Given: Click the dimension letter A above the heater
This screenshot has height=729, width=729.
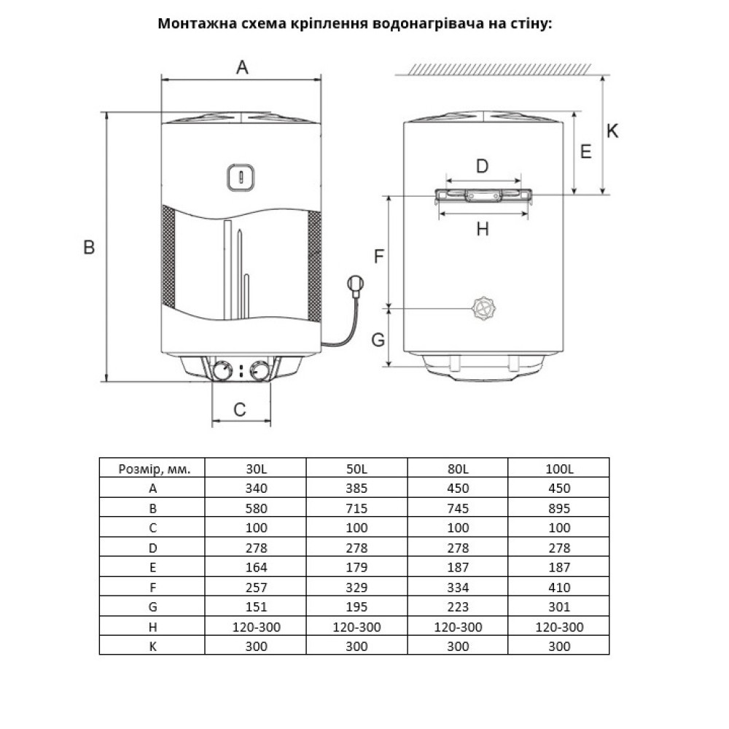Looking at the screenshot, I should [242, 68].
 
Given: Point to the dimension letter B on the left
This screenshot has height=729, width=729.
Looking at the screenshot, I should [89, 248].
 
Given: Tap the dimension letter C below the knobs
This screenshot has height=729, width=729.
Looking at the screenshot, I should [240, 410].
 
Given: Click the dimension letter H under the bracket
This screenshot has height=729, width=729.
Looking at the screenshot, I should [482, 229].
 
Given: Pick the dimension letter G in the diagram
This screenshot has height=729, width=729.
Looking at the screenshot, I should [378, 339].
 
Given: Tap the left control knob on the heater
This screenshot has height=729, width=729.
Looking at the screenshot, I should [223, 370].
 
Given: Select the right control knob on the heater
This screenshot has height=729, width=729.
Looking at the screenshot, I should [259, 371].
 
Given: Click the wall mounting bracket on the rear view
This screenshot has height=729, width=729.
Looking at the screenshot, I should [483, 195].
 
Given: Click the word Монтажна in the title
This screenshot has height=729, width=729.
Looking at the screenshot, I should [192, 23].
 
